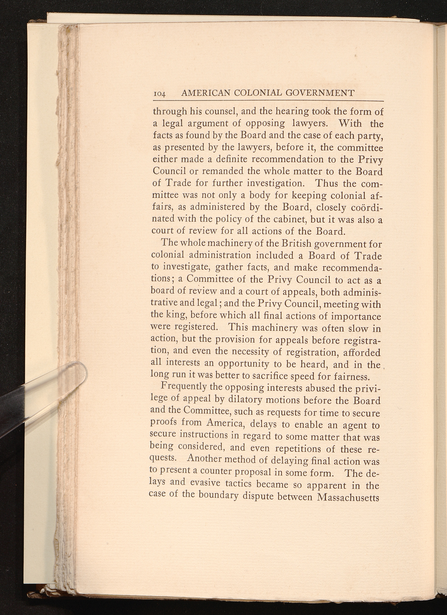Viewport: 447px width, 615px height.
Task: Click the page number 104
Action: point(160,94)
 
